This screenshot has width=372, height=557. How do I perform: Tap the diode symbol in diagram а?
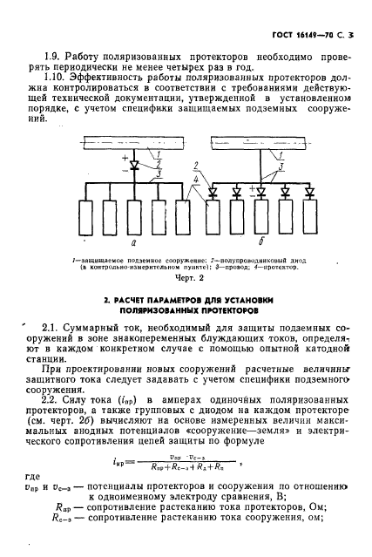click(111, 167)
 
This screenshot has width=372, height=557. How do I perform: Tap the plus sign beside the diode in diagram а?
click(99, 163)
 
